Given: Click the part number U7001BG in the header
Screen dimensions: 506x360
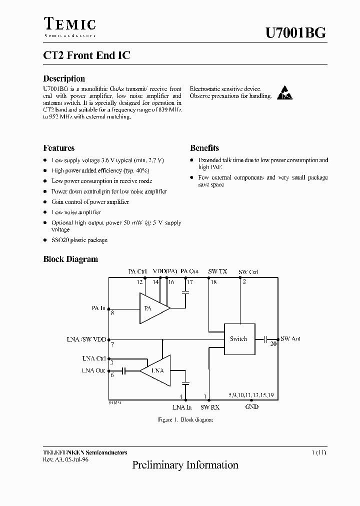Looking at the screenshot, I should click(295, 33).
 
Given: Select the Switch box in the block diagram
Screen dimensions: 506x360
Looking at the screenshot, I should click(238, 339).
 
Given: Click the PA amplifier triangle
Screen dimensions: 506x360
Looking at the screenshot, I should click(153, 308).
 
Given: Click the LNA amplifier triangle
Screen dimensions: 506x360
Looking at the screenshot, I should click(155, 370).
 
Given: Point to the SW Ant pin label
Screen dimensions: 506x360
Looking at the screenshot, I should click(290, 339).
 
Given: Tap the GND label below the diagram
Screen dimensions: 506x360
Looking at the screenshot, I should click(251, 407).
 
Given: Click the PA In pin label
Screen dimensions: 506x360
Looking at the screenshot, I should click(98, 308).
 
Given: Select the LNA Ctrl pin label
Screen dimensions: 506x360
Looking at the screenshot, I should click(94, 358).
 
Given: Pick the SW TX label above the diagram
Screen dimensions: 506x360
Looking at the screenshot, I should click(217, 271).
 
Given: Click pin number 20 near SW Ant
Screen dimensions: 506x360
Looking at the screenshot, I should click(273, 344).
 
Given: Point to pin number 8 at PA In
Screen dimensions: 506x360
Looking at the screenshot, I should click(112, 313).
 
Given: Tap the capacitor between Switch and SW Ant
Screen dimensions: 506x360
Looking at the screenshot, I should click(266, 338).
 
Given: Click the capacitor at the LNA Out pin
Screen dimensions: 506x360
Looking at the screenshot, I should click(123, 370).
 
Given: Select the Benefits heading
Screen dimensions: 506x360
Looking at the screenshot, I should click(204, 148).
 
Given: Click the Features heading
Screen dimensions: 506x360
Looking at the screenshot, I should click(58, 148).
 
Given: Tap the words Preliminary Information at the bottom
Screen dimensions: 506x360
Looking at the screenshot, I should click(185, 465).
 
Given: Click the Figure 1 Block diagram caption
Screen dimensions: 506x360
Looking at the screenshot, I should click(185, 419).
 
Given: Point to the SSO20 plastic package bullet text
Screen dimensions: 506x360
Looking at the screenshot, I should click(79, 240).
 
